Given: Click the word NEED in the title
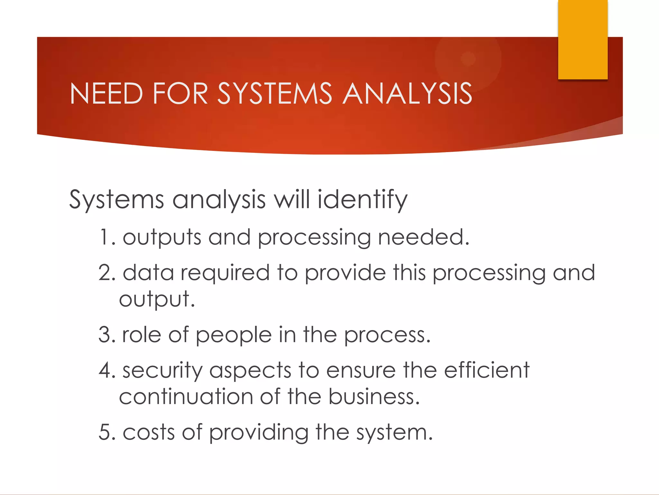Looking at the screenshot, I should coord(106,93).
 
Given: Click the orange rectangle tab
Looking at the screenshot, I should coord(583,39).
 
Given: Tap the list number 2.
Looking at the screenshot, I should coord(106,273).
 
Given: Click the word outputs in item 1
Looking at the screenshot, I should coord(162,238).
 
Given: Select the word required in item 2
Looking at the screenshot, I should coord(225,273).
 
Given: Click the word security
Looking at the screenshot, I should coord(162,371).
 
